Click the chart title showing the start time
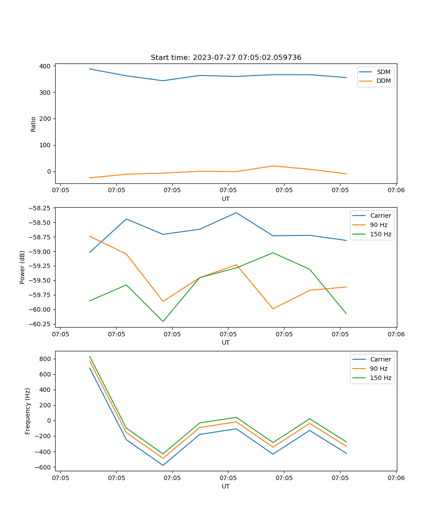click(226, 58)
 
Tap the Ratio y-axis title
click(34, 124)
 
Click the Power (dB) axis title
click(22, 267)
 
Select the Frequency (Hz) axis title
click(28, 411)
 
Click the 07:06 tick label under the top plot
click(396, 190)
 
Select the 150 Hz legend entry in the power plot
click(381, 234)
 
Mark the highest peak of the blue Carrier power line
click(236, 212)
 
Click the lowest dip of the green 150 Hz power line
click(163, 321)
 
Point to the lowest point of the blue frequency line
click(163, 465)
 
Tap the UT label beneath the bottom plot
click(226, 486)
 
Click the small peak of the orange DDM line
click(273, 166)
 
